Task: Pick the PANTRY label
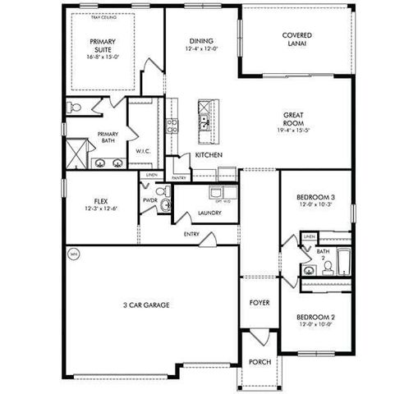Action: (179, 177)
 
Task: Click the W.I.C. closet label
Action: (142, 152)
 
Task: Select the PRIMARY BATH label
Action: (108, 138)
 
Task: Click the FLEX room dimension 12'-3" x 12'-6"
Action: (102, 209)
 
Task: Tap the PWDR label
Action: (149, 199)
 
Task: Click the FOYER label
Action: (259, 303)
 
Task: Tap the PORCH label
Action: (259, 361)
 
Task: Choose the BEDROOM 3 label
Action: (316, 197)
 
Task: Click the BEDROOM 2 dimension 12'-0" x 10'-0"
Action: (316, 324)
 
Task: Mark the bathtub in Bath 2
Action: (341, 262)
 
